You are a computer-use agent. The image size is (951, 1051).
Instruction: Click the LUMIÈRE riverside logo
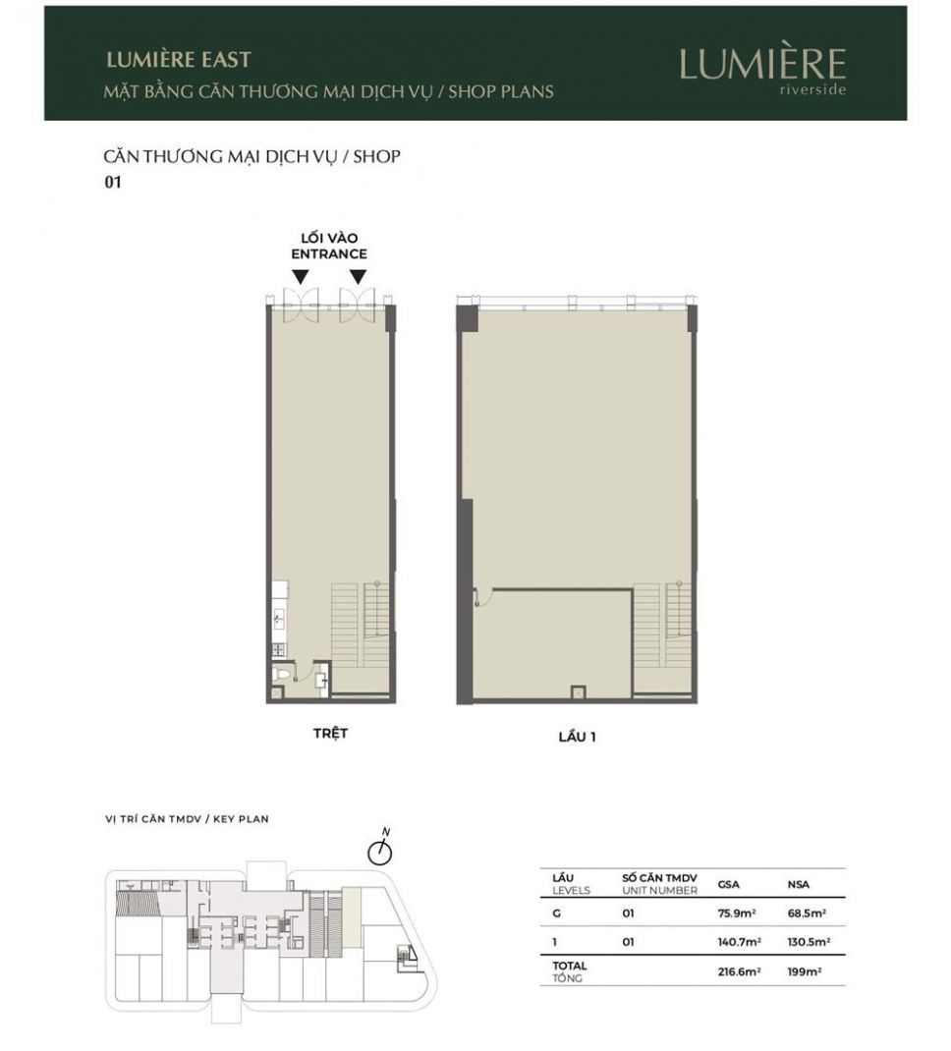point(762,71)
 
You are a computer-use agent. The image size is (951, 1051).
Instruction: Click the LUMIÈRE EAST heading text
point(178,60)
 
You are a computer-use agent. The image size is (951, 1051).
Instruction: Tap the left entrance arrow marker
point(301,277)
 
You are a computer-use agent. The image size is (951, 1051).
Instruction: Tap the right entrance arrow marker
point(358,277)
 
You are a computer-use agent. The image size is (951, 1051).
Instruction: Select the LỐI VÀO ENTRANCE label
point(329,246)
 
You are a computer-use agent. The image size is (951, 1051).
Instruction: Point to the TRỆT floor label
point(330,733)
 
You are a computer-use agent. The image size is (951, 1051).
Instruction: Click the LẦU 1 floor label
point(577,737)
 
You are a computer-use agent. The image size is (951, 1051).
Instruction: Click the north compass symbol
point(380,850)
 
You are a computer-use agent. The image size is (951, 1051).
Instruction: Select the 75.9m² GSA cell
point(737,913)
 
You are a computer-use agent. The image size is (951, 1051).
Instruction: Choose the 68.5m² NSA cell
point(807,913)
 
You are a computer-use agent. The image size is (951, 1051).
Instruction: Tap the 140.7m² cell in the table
point(739,942)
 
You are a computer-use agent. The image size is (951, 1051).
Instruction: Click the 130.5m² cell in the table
point(809,942)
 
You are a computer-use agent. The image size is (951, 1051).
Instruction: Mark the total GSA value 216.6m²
point(739,971)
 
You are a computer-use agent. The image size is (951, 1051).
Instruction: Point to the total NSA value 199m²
point(805,971)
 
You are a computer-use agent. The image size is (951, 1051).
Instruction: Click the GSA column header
point(729,884)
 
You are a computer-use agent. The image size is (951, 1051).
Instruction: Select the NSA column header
point(798,884)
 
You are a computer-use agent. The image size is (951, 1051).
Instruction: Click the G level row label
point(556,913)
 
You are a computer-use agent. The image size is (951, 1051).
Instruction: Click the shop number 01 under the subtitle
point(113,182)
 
